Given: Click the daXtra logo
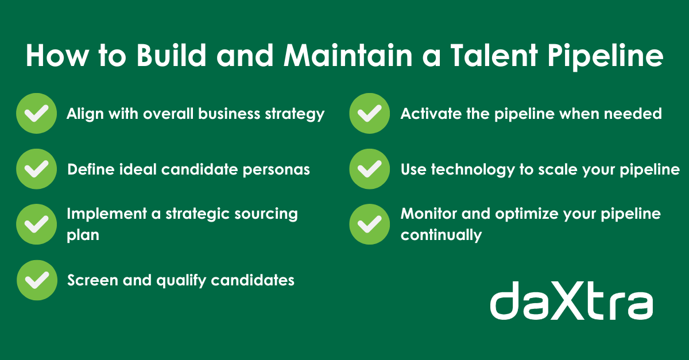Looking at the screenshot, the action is coord(571,301).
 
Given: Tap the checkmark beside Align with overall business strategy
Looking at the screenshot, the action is coord(36,113).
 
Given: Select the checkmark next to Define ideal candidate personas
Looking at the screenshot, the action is coord(36,169).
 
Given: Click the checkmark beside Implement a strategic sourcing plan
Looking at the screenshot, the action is coord(36,224).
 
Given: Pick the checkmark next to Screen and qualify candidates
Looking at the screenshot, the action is coord(37,280).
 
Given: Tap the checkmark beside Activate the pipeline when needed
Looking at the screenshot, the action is coord(369,113).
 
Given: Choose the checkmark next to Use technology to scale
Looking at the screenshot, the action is coord(369,169).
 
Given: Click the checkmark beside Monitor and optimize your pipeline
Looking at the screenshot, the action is coord(369,224).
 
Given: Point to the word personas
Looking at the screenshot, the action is coord(276,170).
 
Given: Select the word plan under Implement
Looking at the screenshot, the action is coord(83,235).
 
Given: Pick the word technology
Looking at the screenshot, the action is coord(473,170).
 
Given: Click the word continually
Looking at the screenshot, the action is coord(441,235).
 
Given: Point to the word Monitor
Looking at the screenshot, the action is coord(428,214).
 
